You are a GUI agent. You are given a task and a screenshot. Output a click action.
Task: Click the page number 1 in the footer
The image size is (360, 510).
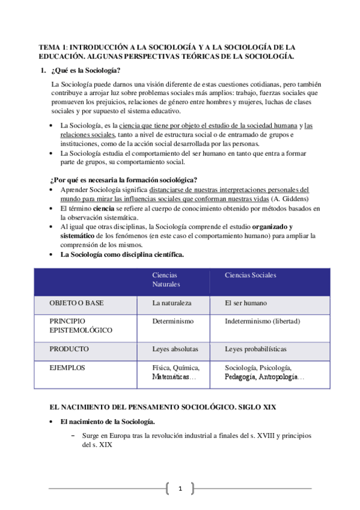[180, 488]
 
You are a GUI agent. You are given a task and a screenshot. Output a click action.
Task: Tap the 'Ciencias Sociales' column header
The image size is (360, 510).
[251, 275]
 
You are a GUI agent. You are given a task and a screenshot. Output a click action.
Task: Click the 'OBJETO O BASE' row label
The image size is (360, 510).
[76, 303]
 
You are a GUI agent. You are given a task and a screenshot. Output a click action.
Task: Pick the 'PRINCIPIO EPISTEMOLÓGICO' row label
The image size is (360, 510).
[81, 325]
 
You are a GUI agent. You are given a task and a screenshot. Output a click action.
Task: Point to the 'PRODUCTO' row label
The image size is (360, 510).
[69, 349]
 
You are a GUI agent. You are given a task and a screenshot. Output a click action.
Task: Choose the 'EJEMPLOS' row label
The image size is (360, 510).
[67, 367]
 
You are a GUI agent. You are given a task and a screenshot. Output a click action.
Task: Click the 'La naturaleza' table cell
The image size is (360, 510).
[172, 303]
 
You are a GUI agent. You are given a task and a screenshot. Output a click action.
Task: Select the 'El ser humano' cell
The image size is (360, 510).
[246, 303]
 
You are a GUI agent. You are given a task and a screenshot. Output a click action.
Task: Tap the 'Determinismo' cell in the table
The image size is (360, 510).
[173, 321]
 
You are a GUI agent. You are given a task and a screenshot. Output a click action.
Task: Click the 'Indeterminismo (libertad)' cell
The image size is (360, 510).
[262, 321]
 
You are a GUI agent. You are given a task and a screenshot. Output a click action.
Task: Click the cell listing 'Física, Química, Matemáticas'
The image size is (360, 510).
[176, 372]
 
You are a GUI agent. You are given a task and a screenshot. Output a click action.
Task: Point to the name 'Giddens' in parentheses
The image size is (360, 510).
[294, 198]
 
